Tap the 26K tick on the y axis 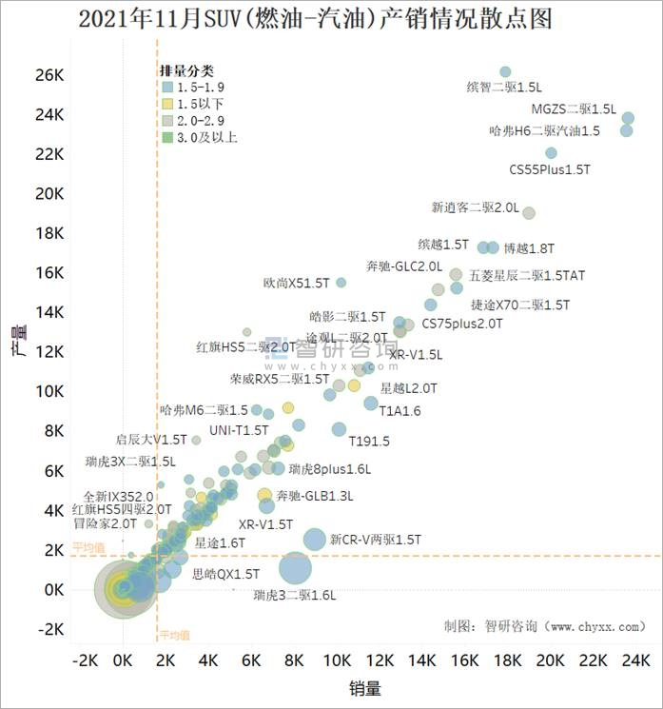click(x=49, y=74)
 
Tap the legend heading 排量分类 click(x=186, y=70)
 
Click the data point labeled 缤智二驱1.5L click(x=505, y=72)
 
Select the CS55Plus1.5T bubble click(x=551, y=153)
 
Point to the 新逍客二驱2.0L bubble click(x=529, y=213)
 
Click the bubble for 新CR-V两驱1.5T click(x=315, y=540)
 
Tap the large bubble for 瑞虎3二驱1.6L click(x=296, y=569)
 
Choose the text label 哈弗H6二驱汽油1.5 click(x=544, y=131)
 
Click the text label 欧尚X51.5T click(x=296, y=283)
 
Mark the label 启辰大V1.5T click(x=151, y=440)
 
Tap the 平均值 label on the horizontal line click(x=88, y=548)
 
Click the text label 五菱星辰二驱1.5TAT click(x=527, y=276)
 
